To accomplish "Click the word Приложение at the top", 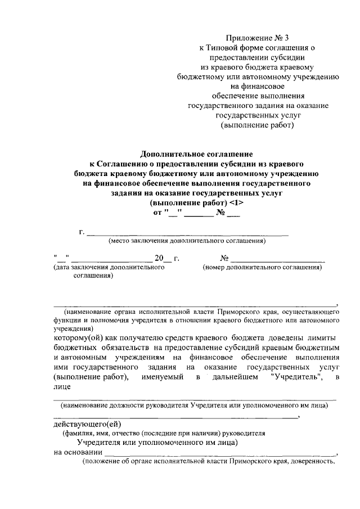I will (x=246, y=38).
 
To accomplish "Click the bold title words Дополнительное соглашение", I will (x=196, y=153).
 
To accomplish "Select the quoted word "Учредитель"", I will (x=296, y=377).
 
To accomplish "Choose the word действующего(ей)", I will (x=87, y=424).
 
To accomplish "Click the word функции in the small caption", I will (x=67, y=319).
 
